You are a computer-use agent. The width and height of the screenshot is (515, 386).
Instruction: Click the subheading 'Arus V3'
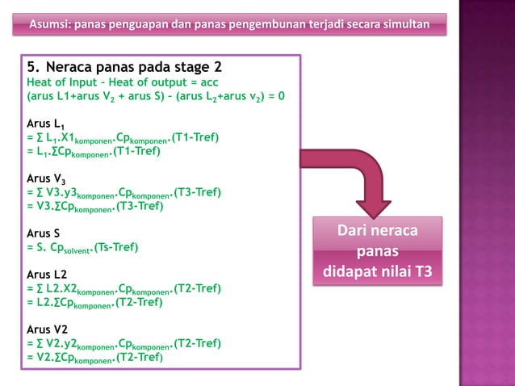pyautogui.click(x=45, y=178)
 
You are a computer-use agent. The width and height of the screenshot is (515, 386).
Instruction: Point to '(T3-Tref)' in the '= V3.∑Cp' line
pyautogui.click(x=140, y=206)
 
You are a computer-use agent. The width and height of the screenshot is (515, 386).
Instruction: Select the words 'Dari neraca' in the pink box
pyautogui.click(x=378, y=233)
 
